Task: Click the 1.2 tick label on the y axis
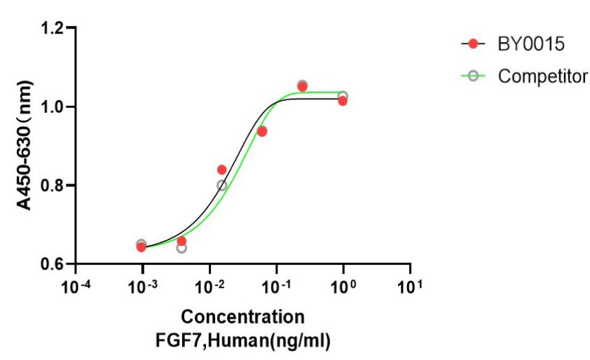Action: point(54,29)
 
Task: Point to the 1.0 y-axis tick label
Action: point(54,107)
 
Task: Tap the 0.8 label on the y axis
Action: point(54,186)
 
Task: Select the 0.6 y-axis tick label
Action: point(54,264)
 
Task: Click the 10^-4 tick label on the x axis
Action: point(75,287)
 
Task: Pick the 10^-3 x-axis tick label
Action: point(142,287)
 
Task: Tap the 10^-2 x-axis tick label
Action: point(209,287)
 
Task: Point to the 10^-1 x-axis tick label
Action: point(276,287)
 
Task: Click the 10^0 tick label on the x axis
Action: point(343,287)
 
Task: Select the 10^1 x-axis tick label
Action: point(410,287)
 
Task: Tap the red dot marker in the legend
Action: point(474,44)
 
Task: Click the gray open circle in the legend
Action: point(474,75)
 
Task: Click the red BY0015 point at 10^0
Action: point(343,101)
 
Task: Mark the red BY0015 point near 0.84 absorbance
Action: point(222,169)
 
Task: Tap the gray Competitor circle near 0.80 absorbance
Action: point(222,186)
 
